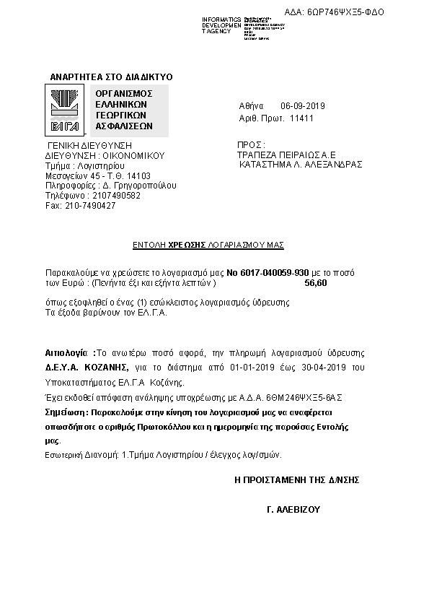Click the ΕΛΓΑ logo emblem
coord(64,110)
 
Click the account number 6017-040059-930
coord(267,273)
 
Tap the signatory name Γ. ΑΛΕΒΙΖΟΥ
coord(293,509)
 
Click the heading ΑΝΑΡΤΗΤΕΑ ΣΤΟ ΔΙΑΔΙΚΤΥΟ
coord(111,77)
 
